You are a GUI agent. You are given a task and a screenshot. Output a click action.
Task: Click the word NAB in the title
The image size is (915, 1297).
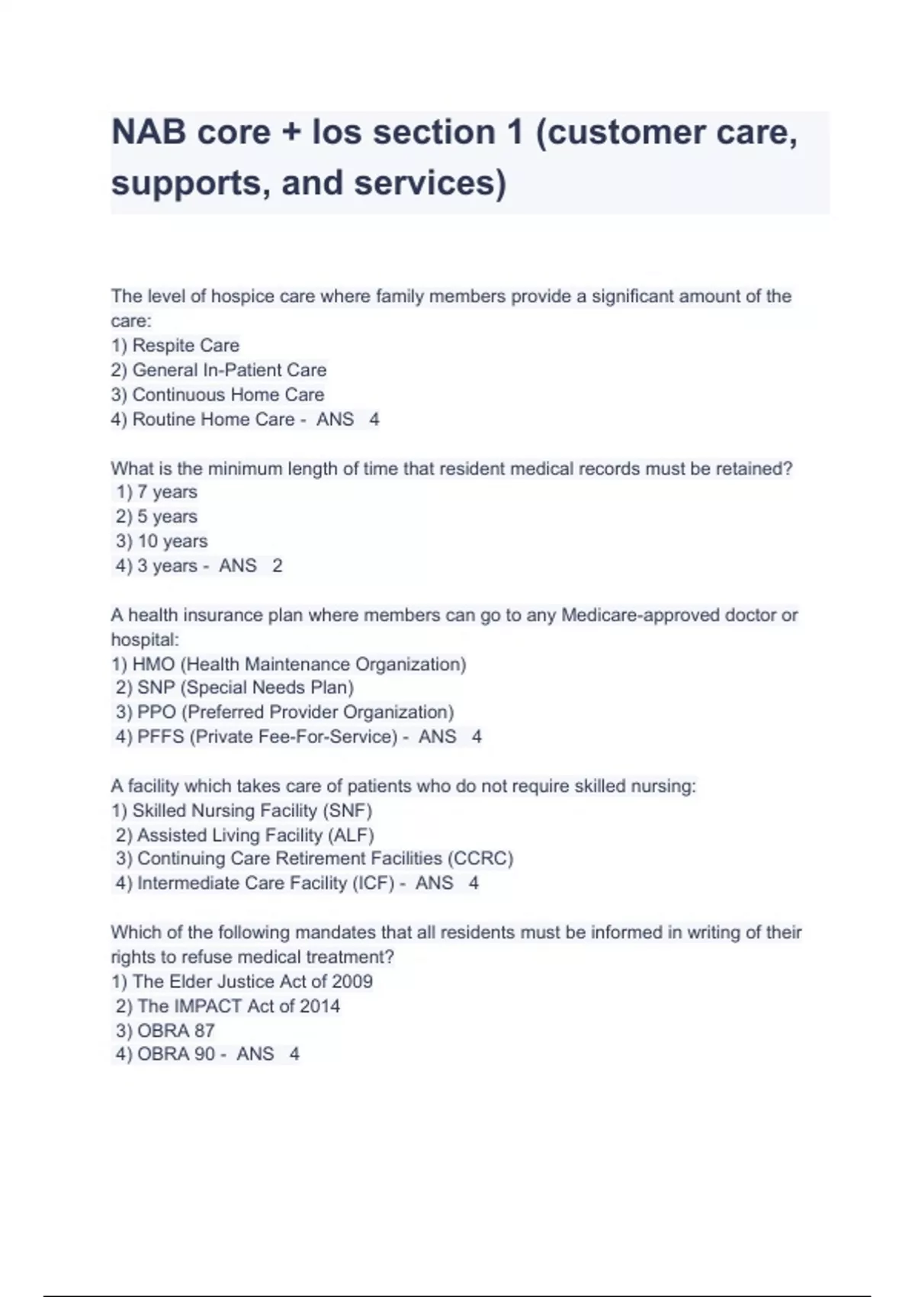click(x=149, y=133)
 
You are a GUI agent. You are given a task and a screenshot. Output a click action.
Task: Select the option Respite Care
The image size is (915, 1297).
click(x=185, y=346)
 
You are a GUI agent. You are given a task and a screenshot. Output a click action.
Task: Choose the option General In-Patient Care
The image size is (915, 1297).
click(x=229, y=370)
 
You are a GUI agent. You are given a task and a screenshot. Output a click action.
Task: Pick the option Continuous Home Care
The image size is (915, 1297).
click(x=227, y=394)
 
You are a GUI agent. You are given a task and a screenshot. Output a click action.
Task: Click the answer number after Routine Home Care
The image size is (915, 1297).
click(x=374, y=420)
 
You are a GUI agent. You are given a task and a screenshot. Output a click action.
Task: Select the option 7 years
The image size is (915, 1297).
click(x=166, y=492)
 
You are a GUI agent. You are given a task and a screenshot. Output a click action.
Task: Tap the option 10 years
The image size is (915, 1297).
click(x=172, y=541)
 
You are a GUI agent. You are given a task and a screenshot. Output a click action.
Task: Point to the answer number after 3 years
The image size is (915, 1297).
click(x=278, y=566)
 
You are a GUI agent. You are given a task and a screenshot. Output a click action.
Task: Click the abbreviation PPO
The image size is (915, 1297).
click(x=156, y=712)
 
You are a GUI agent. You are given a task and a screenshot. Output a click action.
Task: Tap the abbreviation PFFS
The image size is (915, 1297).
click(x=162, y=737)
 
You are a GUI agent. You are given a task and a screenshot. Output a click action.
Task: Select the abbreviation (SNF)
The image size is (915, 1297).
click(x=348, y=810)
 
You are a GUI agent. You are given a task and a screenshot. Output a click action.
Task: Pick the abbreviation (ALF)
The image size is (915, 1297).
click(x=351, y=835)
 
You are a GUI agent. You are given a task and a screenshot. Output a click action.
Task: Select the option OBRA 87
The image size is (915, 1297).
click(x=175, y=1031)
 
